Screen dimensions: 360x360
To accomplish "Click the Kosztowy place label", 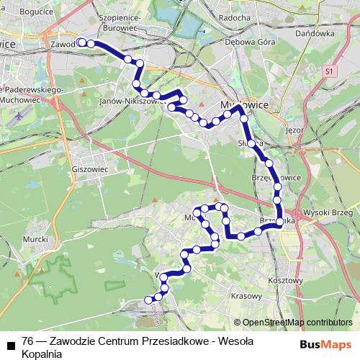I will pos(283,279).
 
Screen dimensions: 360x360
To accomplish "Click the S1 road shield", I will pos(329,71).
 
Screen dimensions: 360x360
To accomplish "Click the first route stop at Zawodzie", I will pos(81,42).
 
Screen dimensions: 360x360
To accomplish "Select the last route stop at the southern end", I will pos(149,300).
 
